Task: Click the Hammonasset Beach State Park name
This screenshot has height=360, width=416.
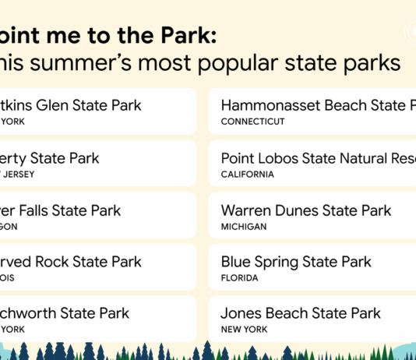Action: coord(318,106)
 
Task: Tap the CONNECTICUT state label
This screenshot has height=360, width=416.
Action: coord(252,122)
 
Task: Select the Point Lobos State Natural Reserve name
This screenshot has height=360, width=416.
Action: coord(318,158)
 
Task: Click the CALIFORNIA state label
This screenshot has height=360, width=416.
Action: coord(247,175)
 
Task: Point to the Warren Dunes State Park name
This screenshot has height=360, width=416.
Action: coord(306,210)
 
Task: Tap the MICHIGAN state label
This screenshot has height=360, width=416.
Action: coord(244,227)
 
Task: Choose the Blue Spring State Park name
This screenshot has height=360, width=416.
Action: coord(296,262)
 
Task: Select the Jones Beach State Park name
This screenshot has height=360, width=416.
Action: coord(301,313)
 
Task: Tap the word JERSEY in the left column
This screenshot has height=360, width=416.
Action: coord(19,175)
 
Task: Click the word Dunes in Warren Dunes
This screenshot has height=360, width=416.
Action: coord(299,210)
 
